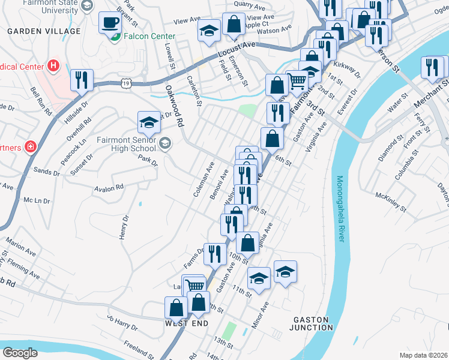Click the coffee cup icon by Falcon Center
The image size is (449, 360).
pos(110,23)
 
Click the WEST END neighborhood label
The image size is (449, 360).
pos(187,323)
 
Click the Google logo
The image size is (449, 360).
pos(20,353)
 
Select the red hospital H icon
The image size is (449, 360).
pos(54,65)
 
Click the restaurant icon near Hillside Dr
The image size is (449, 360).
pos(82,80)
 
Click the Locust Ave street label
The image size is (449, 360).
pos(236,49)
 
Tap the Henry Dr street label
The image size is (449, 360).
pos(125,227)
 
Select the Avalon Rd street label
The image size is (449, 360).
pos(109,187)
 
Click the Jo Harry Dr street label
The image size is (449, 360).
pos(122,323)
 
